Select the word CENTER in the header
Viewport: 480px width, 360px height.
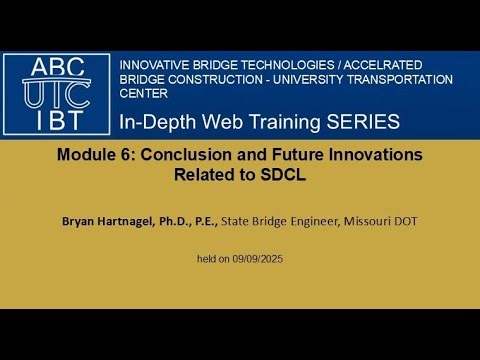[x=143, y=95]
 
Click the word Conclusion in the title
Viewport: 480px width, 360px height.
[x=177, y=155]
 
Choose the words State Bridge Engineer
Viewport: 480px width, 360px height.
[x=281, y=220]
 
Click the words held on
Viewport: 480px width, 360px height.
[x=214, y=259]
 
